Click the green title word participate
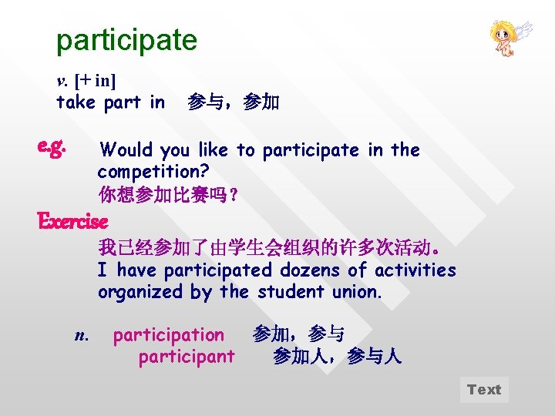point(126,40)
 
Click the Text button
point(484,390)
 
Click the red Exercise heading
point(72,222)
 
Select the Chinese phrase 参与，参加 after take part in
point(234,102)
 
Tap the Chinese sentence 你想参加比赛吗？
point(168,194)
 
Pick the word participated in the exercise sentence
point(218,270)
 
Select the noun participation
point(168,335)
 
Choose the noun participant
point(186,357)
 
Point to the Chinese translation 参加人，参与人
point(337,357)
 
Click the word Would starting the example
point(126,149)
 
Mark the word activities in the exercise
point(415,270)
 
